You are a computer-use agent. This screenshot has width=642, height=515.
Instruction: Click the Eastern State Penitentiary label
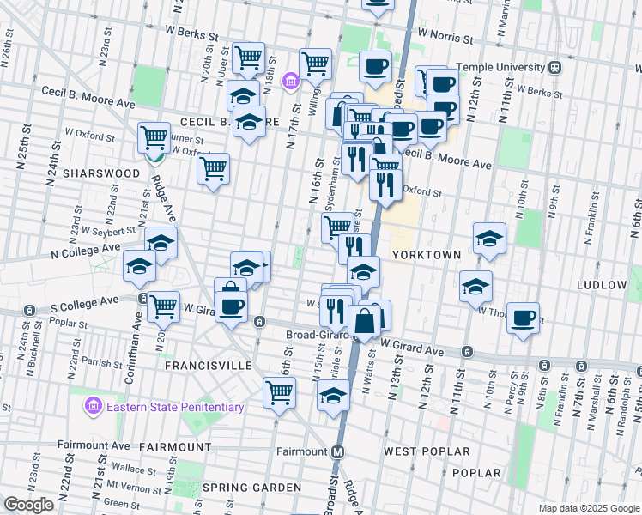[x=175, y=408]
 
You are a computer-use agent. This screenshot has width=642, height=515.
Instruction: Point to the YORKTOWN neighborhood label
[x=427, y=256]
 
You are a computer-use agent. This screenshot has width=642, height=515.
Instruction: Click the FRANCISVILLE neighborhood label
[x=209, y=366]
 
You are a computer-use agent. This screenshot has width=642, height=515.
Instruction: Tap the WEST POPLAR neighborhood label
[x=427, y=451]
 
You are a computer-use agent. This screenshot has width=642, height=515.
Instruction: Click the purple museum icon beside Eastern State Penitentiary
[x=94, y=404]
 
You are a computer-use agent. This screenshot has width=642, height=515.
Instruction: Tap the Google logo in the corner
[x=27, y=505]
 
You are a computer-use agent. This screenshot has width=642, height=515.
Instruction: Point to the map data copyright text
[x=588, y=508]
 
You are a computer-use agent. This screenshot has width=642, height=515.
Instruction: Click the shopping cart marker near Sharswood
[x=154, y=136]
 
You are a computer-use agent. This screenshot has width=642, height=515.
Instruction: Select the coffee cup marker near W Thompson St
[x=522, y=318]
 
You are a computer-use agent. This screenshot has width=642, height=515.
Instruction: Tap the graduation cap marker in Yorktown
[x=489, y=238]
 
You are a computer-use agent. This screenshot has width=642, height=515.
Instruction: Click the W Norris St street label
[x=445, y=39]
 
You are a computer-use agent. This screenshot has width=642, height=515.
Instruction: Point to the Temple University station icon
[x=556, y=67]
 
